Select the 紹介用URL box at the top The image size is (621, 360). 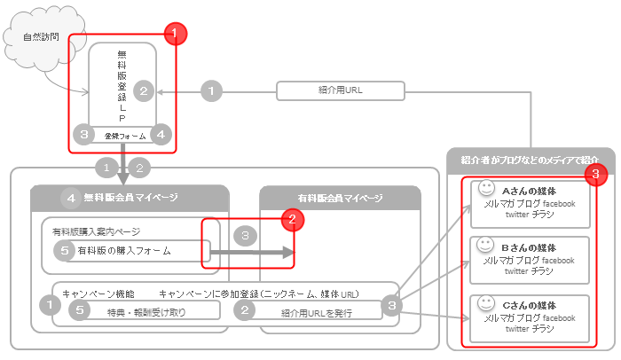point(340,90)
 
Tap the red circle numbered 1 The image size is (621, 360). point(177,34)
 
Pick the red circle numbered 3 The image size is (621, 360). point(599,175)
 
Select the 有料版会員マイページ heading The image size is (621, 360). point(340,198)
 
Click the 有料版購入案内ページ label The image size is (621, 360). point(97,231)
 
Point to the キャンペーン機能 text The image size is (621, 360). point(98,293)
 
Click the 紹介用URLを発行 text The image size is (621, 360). point(317,312)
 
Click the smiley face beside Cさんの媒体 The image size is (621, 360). point(485,302)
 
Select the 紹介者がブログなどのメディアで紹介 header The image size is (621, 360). point(531,160)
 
